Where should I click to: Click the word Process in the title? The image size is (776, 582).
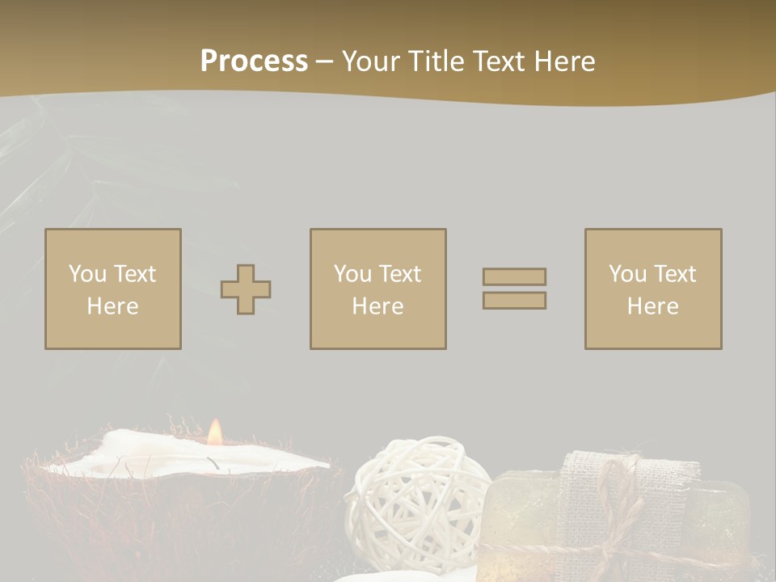click(x=254, y=61)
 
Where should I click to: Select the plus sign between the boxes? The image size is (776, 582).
click(x=246, y=289)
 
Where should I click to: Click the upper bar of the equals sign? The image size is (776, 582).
click(x=514, y=276)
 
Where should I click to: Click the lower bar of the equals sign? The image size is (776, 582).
click(x=514, y=300)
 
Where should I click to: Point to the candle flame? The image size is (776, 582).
click(x=214, y=432)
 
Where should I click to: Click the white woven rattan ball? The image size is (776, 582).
click(x=415, y=493)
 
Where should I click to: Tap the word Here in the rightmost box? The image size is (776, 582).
click(x=652, y=306)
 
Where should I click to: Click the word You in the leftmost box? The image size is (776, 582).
click(x=87, y=274)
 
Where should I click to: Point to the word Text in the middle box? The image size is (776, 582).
click(x=399, y=274)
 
